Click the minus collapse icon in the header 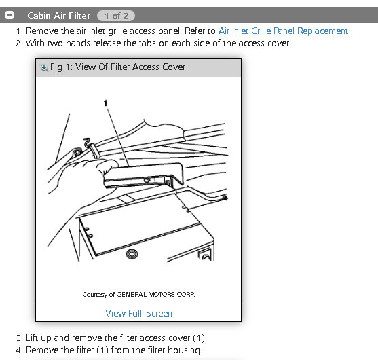pyautogui.click(x=10, y=15)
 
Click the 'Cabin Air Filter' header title pyautogui.click(x=58, y=16)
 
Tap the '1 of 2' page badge pyautogui.click(x=116, y=16)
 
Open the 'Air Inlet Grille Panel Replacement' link pyautogui.click(x=283, y=31)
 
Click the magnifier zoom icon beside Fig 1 pyautogui.click(x=44, y=67)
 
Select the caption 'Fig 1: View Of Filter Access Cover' pyautogui.click(x=118, y=67)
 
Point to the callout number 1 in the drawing pyautogui.click(x=105, y=103)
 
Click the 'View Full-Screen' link pyautogui.click(x=138, y=313)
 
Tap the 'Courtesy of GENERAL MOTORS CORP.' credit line pyautogui.click(x=138, y=294)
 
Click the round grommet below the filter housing pyautogui.click(x=132, y=254)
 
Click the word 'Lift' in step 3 pyautogui.click(x=32, y=338)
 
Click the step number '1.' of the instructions pyautogui.click(x=19, y=31)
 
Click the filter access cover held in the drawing pyautogui.click(x=143, y=175)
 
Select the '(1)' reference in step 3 pyautogui.click(x=199, y=338)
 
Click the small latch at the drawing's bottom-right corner pyautogui.click(x=205, y=255)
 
